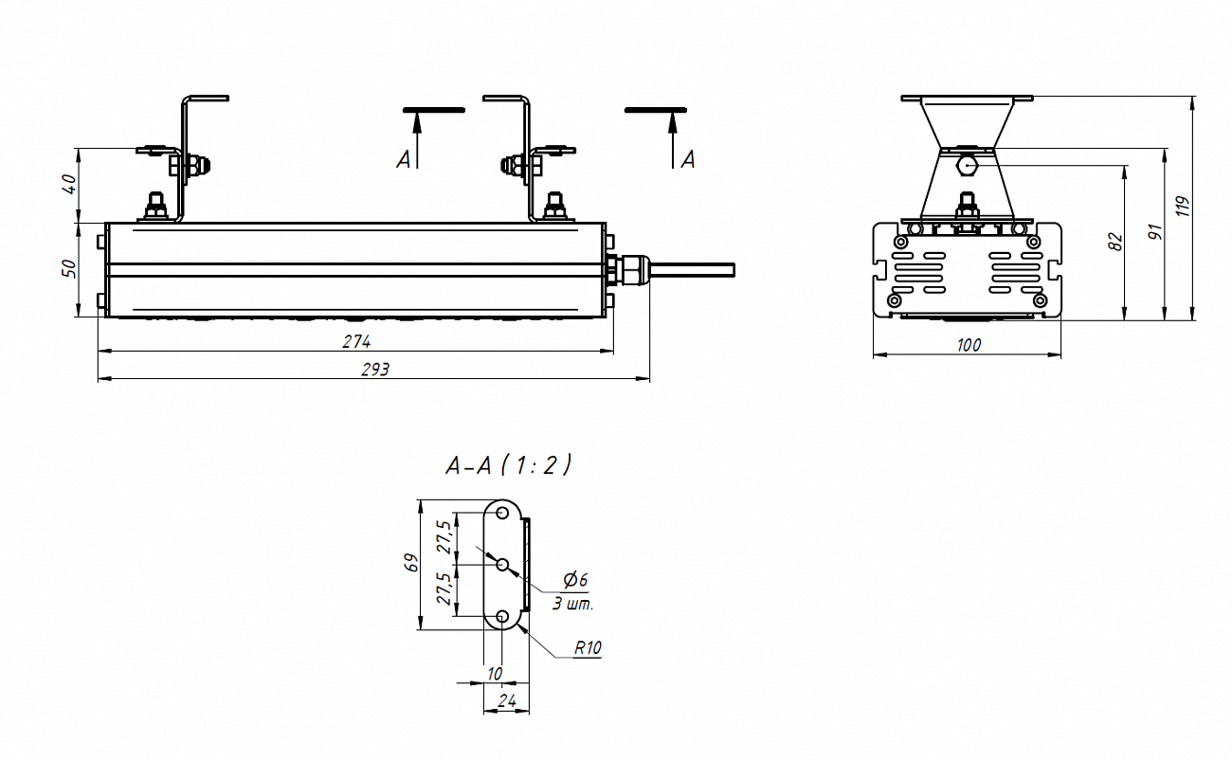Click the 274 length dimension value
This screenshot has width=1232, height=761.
click(356, 341)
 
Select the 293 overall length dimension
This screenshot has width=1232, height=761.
click(375, 370)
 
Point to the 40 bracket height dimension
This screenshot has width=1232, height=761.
click(69, 184)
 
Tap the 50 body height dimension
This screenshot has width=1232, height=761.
click(69, 268)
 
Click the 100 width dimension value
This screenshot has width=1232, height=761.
click(969, 345)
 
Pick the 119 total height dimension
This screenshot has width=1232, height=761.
click(1183, 207)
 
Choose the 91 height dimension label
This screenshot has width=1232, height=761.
click(1155, 231)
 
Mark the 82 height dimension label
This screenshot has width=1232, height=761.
click(1115, 242)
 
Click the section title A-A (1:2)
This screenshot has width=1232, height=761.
click(509, 465)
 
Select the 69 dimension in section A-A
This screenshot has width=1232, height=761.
click(411, 563)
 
